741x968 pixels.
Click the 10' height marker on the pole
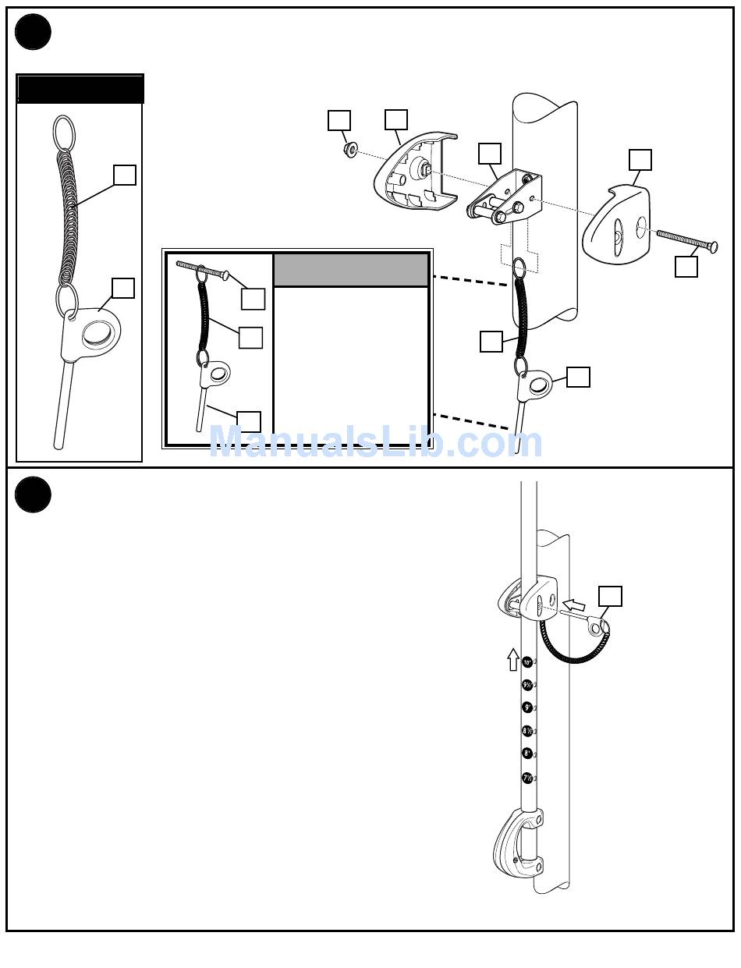[527, 661]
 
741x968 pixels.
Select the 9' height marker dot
[527, 707]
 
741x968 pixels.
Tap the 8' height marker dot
[527, 753]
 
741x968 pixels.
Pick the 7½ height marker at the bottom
[527, 778]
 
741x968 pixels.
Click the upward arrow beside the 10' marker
[512, 659]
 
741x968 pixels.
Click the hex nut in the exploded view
[350, 148]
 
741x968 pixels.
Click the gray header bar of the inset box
[351, 270]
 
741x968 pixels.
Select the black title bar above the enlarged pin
[80, 89]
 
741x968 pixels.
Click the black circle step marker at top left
[33, 33]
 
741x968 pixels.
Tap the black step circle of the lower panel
[33, 495]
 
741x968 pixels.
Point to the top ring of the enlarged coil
[65, 131]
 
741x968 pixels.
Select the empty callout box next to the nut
[339, 120]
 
